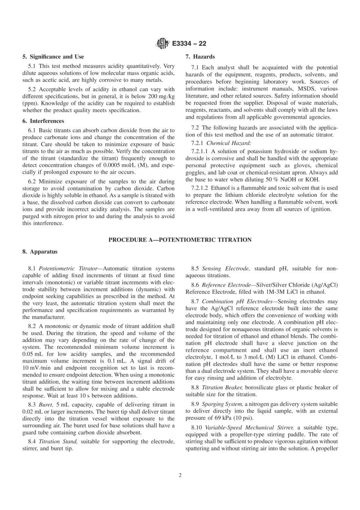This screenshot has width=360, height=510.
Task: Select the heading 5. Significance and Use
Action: coord(53,57)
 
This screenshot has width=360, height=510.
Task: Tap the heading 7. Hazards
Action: coord(200,57)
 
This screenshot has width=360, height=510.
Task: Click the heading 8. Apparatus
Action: coord(40,251)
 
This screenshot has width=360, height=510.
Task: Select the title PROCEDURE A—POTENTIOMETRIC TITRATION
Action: coord(180,240)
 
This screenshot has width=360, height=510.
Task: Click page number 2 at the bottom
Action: coord(180,475)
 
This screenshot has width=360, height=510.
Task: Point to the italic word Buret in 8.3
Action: coord(45,405)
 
